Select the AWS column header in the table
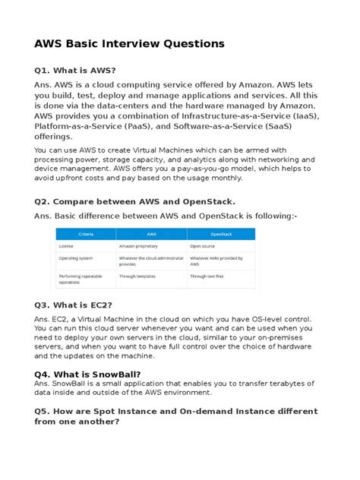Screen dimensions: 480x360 click(x=151, y=235)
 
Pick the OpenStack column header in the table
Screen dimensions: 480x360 click(x=220, y=235)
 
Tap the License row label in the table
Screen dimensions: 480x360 click(x=66, y=246)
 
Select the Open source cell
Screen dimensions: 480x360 click(x=204, y=246)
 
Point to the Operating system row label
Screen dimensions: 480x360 click(x=75, y=258)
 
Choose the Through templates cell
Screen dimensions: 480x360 click(x=137, y=276)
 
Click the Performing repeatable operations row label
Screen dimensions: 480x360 click(x=78, y=278)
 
